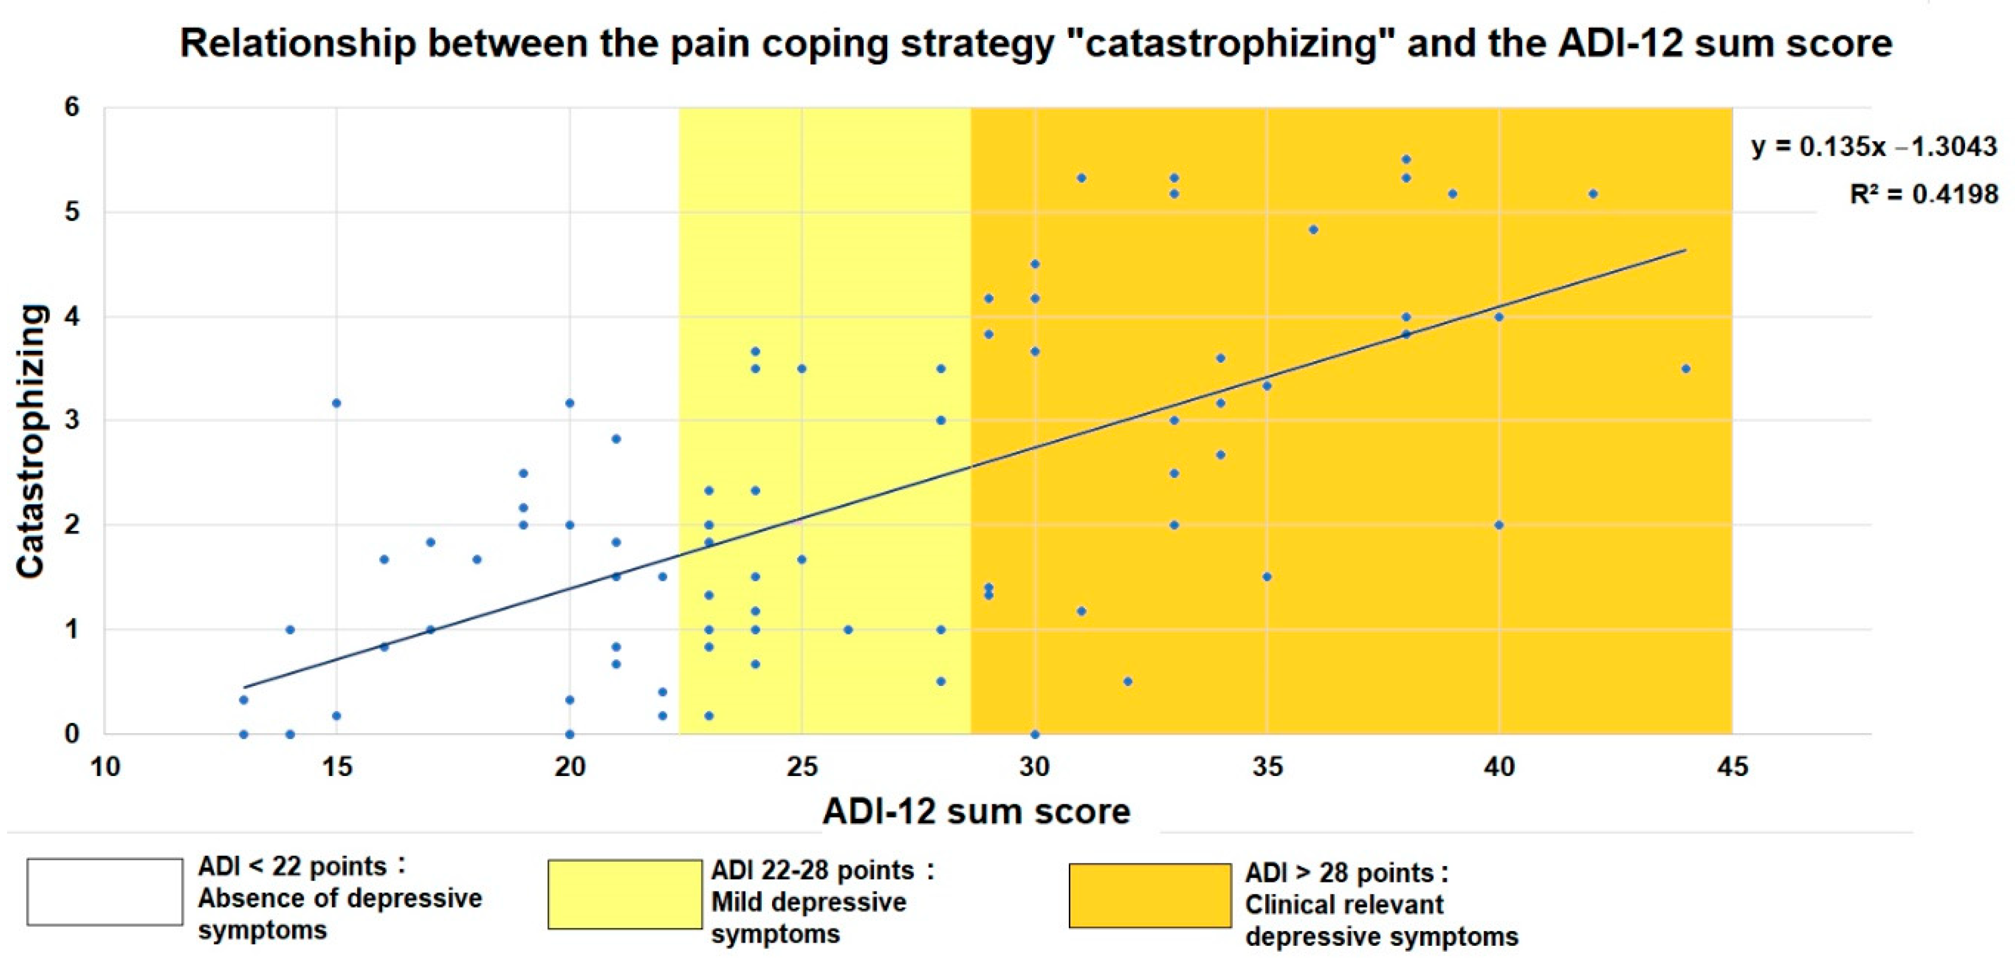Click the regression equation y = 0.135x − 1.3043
(1873, 146)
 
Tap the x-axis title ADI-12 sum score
(976, 812)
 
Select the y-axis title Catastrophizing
(31, 442)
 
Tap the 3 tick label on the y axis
(73, 420)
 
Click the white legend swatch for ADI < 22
(105, 892)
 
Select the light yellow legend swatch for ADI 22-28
(624, 894)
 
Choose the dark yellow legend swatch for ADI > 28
(1149, 895)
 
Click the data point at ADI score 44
(1686, 368)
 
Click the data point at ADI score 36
(1313, 230)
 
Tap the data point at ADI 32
(1127, 681)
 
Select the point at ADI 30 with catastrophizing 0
(1035, 734)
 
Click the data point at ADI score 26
(848, 630)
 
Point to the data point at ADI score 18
(476, 559)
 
